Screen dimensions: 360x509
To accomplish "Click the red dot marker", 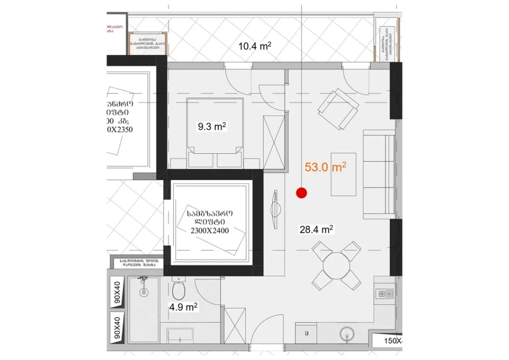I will (x=301, y=193).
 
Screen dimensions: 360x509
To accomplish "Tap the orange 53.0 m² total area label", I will (x=326, y=168).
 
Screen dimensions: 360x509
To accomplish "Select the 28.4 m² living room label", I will (x=316, y=229).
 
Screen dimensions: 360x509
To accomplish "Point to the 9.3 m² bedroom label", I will (x=212, y=126).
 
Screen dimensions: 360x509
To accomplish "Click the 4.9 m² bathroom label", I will (x=183, y=307).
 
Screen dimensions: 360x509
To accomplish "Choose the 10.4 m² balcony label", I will (x=254, y=47).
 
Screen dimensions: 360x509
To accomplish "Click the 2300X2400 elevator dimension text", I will (x=209, y=230).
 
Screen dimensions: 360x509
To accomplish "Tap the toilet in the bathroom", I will (x=179, y=289).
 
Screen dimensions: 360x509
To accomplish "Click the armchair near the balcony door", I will (x=338, y=109).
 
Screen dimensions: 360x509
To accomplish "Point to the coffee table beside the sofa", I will (x=343, y=174).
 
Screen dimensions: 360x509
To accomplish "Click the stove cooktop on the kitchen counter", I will (x=385, y=293).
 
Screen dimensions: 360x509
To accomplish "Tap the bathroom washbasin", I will (x=179, y=336).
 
